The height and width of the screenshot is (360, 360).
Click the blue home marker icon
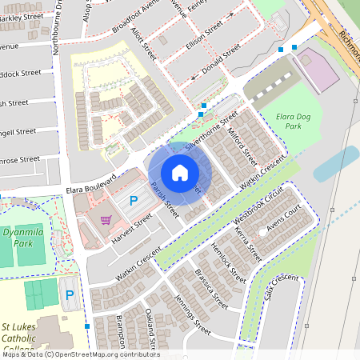180,172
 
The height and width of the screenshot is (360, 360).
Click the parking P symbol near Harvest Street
134,202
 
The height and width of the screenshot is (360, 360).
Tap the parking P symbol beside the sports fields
70,294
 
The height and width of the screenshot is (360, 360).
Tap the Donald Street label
221,61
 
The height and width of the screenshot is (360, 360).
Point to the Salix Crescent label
279,296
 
